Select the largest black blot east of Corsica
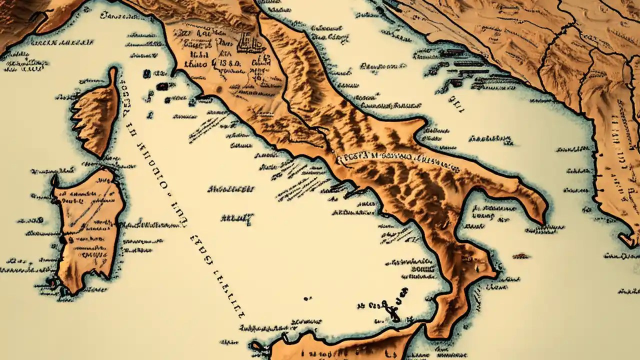(162, 86)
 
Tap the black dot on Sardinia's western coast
(62, 240)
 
